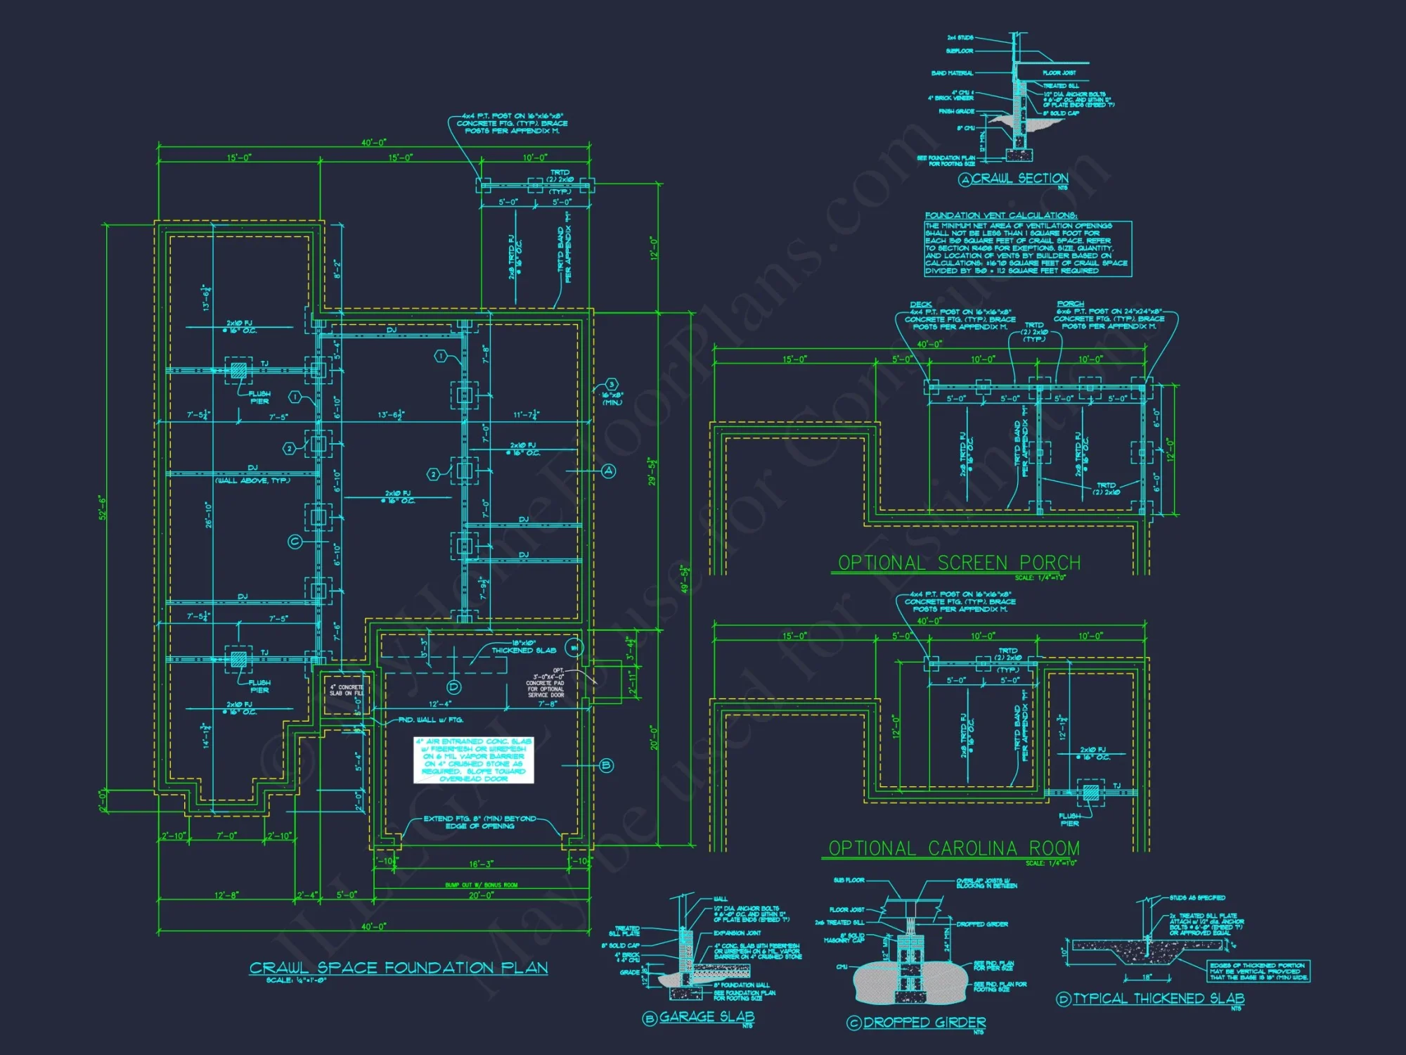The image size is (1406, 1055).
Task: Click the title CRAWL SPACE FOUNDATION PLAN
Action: (399, 968)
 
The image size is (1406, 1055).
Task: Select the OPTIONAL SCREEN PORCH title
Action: (959, 563)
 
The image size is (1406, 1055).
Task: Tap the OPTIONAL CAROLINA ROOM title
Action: (954, 849)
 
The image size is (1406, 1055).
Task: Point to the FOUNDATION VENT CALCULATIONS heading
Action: (1000, 215)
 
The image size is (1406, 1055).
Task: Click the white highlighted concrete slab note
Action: (473, 760)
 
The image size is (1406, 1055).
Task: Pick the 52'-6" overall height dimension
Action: (103, 507)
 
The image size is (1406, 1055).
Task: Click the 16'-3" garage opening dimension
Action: (481, 864)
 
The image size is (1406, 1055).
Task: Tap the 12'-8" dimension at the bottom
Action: (226, 895)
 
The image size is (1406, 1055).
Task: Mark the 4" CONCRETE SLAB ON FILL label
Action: (347, 690)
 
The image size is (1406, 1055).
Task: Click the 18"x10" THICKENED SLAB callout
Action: (524, 647)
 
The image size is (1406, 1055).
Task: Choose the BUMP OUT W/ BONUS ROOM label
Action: (481, 885)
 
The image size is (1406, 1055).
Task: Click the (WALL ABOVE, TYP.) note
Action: (252, 480)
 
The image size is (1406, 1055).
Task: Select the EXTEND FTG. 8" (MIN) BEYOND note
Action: (479, 822)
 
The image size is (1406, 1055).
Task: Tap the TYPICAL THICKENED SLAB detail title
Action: (1159, 999)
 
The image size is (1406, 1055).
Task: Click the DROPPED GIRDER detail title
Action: (924, 1023)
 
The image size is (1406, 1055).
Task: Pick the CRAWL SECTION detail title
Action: (1019, 179)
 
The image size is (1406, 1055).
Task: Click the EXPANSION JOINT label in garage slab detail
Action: (737, 933)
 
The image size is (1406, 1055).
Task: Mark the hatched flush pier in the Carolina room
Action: (1090, 793)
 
